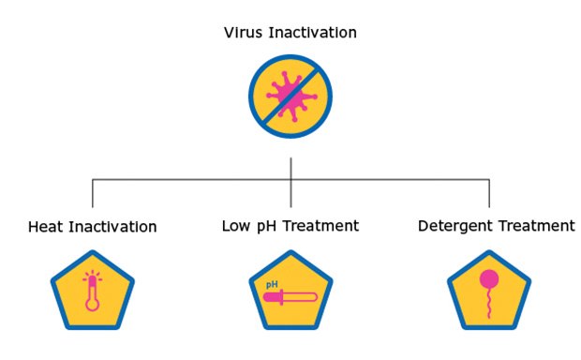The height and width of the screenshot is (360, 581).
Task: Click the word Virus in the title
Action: coord(243,33)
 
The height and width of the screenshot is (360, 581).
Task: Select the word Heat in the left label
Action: coord(46,227)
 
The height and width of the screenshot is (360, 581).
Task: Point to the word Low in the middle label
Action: coord(236,226)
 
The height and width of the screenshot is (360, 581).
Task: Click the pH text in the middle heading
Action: coord(267,227)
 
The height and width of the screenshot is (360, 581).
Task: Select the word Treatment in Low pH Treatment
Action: coord(320,226)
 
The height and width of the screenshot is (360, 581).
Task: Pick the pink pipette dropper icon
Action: coord(290,298)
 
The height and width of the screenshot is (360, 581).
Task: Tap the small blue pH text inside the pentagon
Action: coord(272,283)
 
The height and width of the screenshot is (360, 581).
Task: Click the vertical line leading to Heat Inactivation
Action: coord(93,193)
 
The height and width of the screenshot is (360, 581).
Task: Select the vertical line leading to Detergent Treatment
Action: coord(488,193)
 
